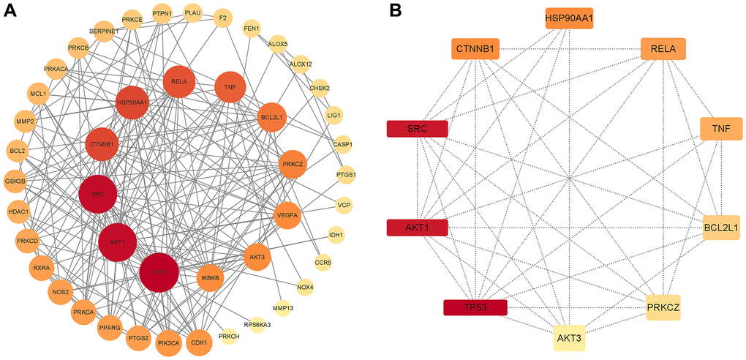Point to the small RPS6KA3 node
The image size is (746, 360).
(257, 324)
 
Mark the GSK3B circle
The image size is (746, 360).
(15, 181)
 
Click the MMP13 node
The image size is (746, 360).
(282, 308)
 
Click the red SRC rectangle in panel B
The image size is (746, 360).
(417, 129)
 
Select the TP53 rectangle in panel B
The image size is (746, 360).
(475, 308)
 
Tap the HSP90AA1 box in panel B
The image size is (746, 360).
(569, 18)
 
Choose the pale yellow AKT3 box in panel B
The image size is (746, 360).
(569, 338)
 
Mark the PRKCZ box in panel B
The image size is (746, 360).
(663, 309)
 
